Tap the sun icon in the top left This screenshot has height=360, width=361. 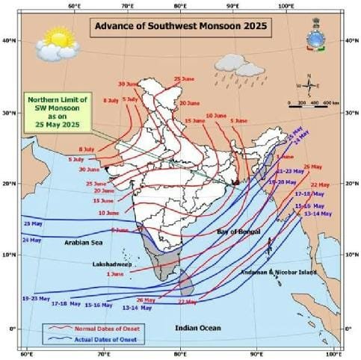pyautogui.click(x=55, y=37)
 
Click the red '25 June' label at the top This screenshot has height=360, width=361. pyautogui.click(x=183, y=79)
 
